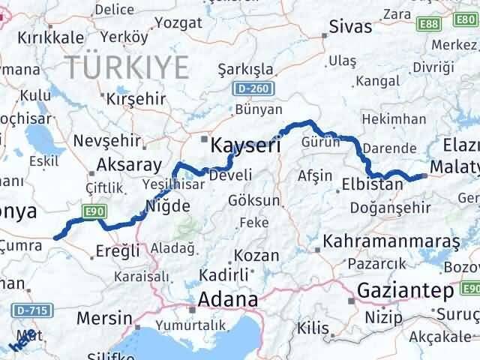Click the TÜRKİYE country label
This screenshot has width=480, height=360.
126,67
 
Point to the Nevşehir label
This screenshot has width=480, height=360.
106,140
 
